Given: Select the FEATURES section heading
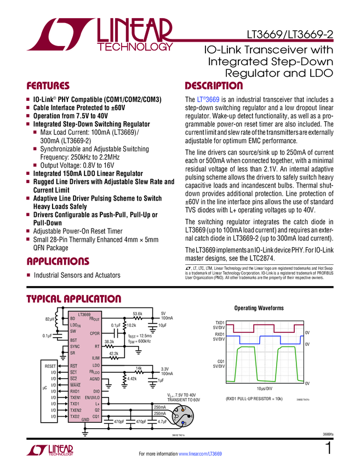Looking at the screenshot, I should [x=48, y=86].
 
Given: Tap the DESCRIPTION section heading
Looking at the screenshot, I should [x=214, y=86].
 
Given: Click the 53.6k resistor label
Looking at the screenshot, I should [x=138, y=314].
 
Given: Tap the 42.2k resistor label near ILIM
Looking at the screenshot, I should [x=113, y=354].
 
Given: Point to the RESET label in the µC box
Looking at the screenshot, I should [x=51, y=365].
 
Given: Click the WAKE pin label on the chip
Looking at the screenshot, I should [x=75, y=385].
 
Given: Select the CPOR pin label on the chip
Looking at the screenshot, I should [x=94, y=333].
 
